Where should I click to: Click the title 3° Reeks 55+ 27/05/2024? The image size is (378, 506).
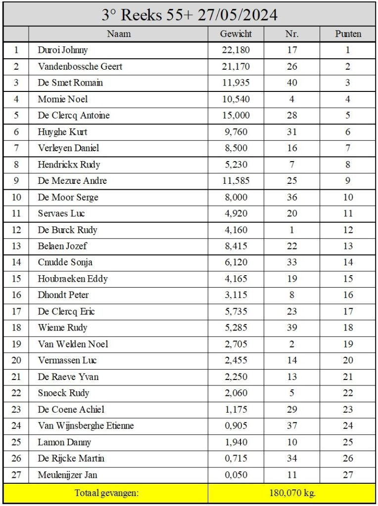pyautogui.click(x=189, y=14)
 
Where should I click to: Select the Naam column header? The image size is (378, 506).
pyautogui.click(x=118, y=34)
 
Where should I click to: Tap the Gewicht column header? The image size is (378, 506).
pyautogui.click(x=236, y=34)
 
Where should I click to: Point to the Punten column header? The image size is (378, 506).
pyautogui.click(x=348, y=34)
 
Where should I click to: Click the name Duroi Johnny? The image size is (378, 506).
pyautogui.click(x=63, y=50)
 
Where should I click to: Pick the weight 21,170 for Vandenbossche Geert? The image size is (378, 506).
pyautogui.click(x=236, y=66)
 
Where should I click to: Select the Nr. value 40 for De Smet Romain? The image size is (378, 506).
pyautogui.click(x=292, y=83)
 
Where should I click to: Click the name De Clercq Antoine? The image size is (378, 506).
pyautogui.click(x=74, y=115)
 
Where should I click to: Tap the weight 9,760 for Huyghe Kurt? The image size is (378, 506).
pyautogui.click(x=236, y=132)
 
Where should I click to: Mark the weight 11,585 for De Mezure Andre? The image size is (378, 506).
pyautogui.click(x=236, y=181)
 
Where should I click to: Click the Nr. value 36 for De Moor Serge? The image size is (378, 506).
pyautogui.click(x=292, y=197)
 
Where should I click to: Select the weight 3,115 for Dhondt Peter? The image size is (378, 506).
pyautogui.click(x=236, y=295)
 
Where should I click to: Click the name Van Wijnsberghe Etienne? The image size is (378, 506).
pyautogui.click(x=86, y=425)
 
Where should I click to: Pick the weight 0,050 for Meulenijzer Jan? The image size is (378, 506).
pyautogui.click(x=236, y=475)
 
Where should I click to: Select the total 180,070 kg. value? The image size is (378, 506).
pyautogui.click(x=291, y=493)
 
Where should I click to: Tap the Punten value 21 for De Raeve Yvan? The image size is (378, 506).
pyautogui.click(x=348, y=377)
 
